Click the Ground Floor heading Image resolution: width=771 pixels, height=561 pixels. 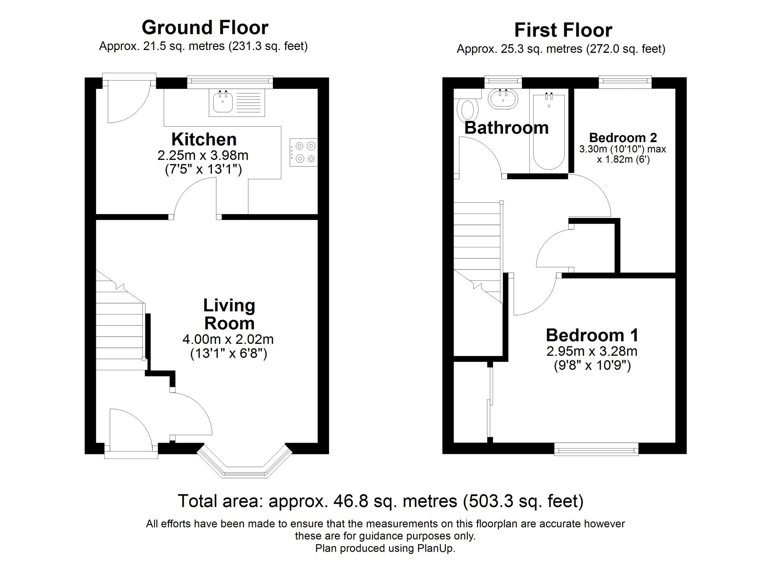coord(205,27)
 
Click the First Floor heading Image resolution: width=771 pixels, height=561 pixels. coord(563,30)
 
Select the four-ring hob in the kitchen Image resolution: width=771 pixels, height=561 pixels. coord(304,152)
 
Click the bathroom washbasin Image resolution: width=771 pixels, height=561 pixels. coord(503,99)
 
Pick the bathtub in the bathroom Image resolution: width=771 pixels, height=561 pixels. coord(549,132)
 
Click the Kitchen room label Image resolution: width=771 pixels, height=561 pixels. coord(204,139)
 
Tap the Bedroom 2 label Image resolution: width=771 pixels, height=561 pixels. coord(623,138)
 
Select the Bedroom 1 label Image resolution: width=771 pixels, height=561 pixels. coord(592,335)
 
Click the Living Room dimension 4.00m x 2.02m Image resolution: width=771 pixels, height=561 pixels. coord(228,339)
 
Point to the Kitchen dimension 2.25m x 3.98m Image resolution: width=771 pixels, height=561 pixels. coord(203,155)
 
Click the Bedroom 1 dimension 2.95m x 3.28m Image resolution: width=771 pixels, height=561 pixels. coord(592,351)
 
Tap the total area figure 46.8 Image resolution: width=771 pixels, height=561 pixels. coord(346,501)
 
